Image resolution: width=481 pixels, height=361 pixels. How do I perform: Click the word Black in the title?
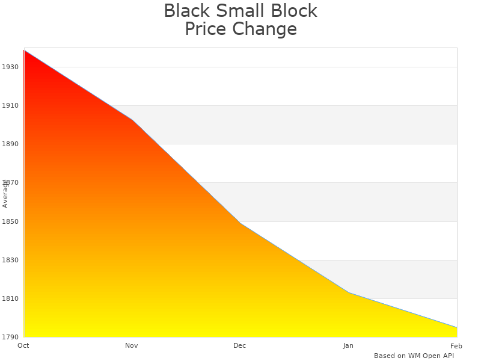click(186, 11)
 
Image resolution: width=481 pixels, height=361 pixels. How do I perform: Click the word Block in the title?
click(293, 11)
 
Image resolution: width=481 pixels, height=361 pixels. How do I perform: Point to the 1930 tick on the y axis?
click(10, 67)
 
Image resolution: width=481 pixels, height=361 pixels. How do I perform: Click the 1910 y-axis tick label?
click(10, 105)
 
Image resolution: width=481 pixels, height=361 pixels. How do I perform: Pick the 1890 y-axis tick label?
click(10, 144)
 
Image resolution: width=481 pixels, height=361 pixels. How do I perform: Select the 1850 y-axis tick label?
click(10, 221)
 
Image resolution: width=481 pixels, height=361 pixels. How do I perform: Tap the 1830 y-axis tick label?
click(10, 260)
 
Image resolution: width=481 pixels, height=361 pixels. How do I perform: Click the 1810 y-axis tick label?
click(10, 299)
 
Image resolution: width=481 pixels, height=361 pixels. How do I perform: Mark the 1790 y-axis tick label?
click(10, 337)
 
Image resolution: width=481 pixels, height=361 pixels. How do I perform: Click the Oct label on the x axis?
click(23, 345)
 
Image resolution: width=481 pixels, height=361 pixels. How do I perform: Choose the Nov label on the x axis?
click(132, 345)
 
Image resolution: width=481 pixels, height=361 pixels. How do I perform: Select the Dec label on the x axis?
click(240, 345)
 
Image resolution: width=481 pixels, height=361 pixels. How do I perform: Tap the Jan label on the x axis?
click(348, 345)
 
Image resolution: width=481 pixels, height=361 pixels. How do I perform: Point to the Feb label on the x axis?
click(456, 345)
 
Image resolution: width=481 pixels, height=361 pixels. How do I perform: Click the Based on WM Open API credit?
click(414, 356)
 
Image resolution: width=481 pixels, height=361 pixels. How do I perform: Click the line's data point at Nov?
click(132, 120)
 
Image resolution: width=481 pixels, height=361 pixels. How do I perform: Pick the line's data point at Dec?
click(240, 223)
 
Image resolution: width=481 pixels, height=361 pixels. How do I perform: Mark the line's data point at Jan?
click(349, 293)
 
